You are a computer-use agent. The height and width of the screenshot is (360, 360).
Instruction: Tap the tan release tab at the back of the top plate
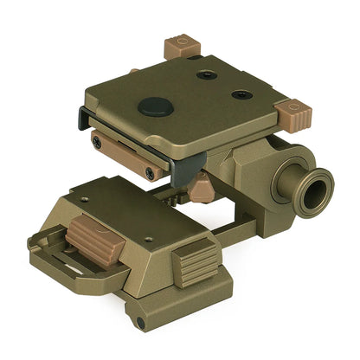[x=181, y=46]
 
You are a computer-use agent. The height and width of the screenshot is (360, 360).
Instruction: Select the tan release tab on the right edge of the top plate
[x=292, y=111]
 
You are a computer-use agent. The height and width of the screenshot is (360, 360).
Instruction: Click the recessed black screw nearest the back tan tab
[x=207, y=74]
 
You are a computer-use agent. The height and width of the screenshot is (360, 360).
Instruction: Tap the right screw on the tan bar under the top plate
[x=151, y=173]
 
